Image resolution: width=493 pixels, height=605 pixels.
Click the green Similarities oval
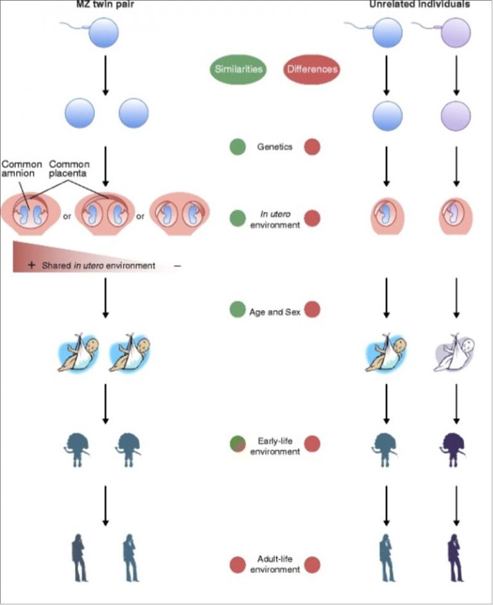tap(238, 69)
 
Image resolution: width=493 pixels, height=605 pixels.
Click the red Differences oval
tap(310, 69)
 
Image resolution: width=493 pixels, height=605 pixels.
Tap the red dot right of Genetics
tap(313, 146)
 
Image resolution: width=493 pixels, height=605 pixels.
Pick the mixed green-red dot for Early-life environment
tap(239, 444)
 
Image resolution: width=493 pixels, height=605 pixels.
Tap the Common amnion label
tap(21, 169)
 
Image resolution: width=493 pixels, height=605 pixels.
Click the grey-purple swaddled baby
tap(454, 355)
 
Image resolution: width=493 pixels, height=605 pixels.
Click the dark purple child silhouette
tap(455, 446)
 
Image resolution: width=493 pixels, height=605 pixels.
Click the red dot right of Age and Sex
tap(313, 310)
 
